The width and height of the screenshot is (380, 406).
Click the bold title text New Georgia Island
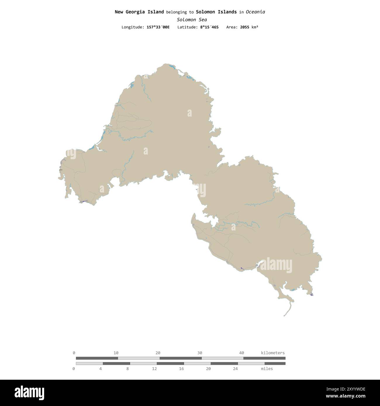(x=139, y=12)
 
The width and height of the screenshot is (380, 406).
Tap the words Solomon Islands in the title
(x=216, y=12)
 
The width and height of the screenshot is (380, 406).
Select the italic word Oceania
(x=255, y=12)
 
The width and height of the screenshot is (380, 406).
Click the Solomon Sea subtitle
(x=192, y=20)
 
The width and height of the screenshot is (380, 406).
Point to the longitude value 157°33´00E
(x=158, y=27)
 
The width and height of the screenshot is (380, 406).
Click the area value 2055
(x=245, y=27)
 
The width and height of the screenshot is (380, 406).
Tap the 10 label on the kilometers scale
(x=116, y=353)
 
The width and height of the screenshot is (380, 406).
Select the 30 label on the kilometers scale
(x=200, y=353)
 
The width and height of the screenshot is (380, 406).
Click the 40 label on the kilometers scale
(x=241, y=353)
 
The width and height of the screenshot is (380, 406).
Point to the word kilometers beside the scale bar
(x=273, y=353)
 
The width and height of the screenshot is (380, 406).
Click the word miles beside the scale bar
(x=267, y=369)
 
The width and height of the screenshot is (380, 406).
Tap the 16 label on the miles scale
(x=182, y=369)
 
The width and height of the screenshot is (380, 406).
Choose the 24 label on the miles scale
(x=235, y=369)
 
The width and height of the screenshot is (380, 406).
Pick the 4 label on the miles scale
(x=101, y=369)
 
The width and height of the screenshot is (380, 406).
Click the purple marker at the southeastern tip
(x=312, y=294)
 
